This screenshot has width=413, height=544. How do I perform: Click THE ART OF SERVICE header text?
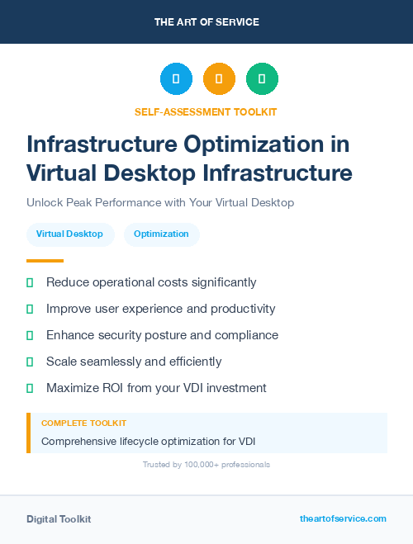coord(206,22)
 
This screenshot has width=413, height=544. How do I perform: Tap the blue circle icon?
coord(176,79)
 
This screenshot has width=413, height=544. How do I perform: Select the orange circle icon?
coord(219,79)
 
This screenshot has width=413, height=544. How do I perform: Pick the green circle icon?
coord(262,79)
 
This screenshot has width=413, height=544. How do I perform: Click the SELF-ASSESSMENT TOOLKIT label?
coord(206,111)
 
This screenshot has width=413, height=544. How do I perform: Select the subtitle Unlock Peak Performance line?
coord(160,202)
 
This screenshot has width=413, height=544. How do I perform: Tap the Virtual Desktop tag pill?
coord(69,234)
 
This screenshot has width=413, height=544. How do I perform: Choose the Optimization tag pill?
coord(161,234)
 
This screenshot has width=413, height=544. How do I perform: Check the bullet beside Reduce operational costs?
coord(30,282)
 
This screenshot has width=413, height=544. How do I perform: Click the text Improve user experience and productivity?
coord(160,309)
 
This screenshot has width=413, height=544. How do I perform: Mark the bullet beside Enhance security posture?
coord(30,335)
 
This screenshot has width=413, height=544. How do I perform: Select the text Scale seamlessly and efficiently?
coord(134,362)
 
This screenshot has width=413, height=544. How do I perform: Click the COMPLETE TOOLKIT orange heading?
coord(83,423)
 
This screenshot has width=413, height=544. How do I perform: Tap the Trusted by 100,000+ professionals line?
coord(206,465)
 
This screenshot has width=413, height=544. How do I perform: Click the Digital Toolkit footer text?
coord(59,519)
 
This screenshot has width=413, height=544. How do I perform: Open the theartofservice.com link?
coord(343,519)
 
